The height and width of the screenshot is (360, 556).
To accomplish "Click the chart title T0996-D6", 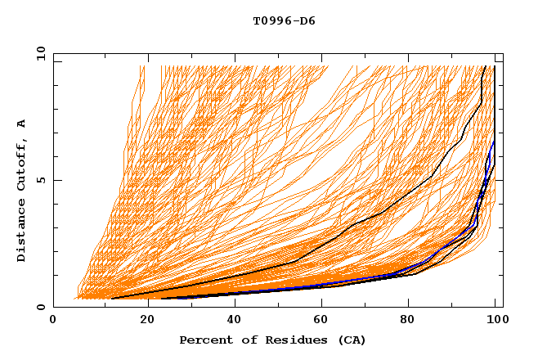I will [x=284, y=21].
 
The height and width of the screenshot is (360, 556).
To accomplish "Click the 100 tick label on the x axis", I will [x=495, y=320].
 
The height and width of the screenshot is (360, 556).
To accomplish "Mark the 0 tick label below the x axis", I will [x=53, y=320].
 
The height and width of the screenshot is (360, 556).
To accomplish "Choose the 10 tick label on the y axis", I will [x=40, y=53].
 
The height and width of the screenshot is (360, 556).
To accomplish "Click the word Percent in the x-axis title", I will [x=204, y=340].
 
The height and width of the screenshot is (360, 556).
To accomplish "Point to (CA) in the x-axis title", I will [x=352, y=340].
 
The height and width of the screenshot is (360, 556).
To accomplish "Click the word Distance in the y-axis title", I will [x=22, y=228].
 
